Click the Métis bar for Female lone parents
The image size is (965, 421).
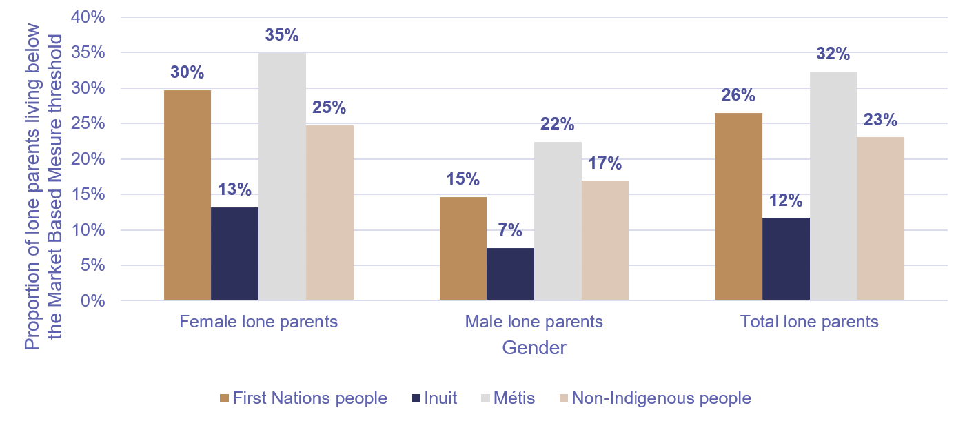(x=282, y=176)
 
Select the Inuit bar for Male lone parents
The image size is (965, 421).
(x=510, y=274)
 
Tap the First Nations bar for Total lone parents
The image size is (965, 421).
(x=738, y=207)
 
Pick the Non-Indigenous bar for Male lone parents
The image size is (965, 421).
(x=605, y=240)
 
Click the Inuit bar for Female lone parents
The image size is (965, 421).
(x=234, y=254)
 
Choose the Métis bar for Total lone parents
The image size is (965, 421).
(x=833, y=186)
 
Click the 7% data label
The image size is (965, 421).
(x=510, y=232)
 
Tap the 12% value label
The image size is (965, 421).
(x=786, y=201)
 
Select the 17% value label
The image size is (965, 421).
(x=605, y=164)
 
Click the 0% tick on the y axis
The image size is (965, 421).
(x=93, y=301)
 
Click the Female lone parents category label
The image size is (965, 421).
(x=258, y=322)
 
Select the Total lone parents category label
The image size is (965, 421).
(x=809, y=322)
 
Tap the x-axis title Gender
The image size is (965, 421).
(x=534, y=347)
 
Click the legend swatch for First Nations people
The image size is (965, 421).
(x=223, y=398)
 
